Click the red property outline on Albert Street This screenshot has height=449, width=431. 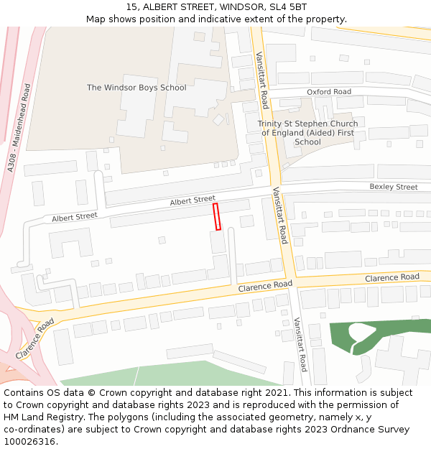(x=216, y=216)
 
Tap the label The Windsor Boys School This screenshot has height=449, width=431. (x=136, y=88)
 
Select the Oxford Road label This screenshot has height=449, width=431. (x=329, y=92)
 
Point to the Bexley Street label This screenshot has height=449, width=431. (x=394, y=187)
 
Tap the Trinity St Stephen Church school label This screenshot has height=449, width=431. (x=307, y=133)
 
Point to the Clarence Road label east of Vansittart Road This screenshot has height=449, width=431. (x=391, y=277)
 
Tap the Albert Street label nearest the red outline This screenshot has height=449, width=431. (x=193, y=200)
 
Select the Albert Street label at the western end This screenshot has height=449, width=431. (x=74, y=216)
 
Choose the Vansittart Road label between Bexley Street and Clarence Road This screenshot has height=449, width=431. (x=279, y=216)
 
